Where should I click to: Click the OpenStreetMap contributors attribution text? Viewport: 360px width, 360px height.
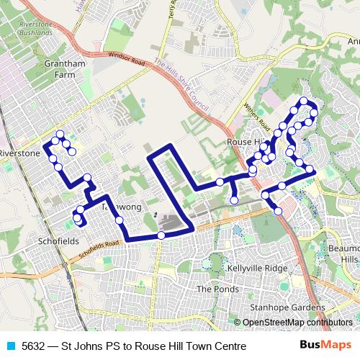tap(297, 322)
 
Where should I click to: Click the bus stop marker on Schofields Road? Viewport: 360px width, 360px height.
tap(161, 235)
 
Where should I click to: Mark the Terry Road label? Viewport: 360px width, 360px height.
tap(172, 17)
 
